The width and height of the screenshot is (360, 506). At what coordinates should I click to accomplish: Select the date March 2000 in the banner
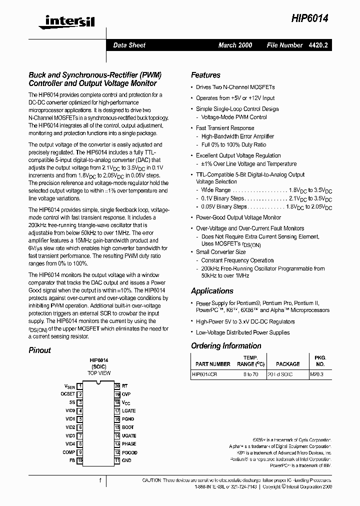point(235,45)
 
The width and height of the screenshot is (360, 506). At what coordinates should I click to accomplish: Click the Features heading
point(205,75)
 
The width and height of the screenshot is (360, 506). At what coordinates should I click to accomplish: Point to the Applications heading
point(212,291)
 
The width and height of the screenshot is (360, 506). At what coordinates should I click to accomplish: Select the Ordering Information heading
point(226,346)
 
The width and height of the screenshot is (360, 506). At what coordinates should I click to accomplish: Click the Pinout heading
point(39,350)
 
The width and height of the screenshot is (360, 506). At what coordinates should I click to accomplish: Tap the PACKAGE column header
point(287,364)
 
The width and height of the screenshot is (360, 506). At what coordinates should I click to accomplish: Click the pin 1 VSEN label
point(69,386)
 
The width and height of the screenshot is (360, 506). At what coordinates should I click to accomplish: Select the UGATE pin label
point(129,435)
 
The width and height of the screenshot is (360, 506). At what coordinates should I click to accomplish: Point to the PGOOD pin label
point(129,452)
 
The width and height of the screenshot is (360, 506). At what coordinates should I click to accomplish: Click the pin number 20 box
point(117,386)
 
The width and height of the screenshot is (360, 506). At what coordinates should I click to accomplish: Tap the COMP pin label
point(68,452)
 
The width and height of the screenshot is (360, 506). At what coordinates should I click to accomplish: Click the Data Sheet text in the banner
point(129,45)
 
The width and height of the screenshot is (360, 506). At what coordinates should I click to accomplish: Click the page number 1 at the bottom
point(100,480)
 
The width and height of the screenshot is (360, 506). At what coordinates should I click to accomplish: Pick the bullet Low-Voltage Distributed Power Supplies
point(242,332)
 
